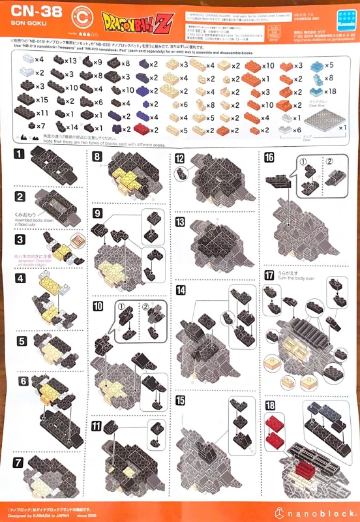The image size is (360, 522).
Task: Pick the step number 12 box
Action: [180, 159]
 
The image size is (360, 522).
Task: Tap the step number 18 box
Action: [270, 405]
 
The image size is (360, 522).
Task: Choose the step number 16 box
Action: [269, 158]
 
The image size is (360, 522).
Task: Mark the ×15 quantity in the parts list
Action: [42, 100]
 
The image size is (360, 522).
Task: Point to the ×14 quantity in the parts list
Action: [71, 127]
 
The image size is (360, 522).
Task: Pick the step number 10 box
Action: [98, 306]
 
